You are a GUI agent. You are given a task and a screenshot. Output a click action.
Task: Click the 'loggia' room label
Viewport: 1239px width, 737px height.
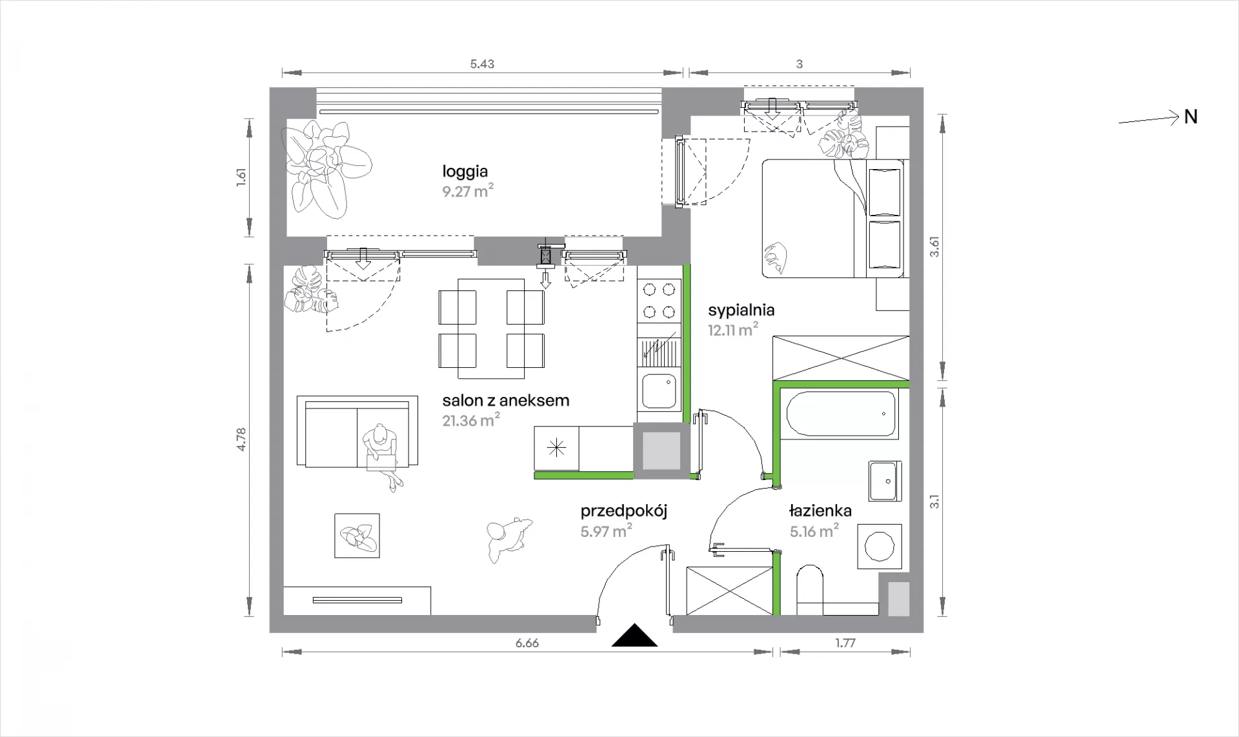coord(465,172)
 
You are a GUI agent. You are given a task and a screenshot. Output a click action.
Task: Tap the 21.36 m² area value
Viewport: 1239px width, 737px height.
coord(471,421)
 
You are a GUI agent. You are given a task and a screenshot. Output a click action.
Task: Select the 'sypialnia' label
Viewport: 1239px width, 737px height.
coord(741,310)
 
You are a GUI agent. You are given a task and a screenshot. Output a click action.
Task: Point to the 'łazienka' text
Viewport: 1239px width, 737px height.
coord(820,511)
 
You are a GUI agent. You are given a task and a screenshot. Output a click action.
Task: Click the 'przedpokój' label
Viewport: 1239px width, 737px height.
coord(623,512)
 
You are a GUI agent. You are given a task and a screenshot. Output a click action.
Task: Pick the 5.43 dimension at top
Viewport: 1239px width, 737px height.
coord(482,64)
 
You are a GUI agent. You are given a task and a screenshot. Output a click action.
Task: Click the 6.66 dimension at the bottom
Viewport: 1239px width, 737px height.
coord(527,643)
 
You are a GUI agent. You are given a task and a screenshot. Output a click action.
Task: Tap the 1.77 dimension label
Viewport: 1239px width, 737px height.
coord(845,643)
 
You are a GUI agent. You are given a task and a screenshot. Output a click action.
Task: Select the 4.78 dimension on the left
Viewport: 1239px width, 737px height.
coord(241,439)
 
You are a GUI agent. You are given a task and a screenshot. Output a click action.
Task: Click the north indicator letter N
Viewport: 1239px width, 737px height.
coord(1191,117)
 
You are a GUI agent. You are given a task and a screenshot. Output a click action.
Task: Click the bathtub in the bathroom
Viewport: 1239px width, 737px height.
coord(841,414)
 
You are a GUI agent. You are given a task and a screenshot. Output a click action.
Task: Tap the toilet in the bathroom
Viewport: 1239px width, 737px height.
coord(810,590)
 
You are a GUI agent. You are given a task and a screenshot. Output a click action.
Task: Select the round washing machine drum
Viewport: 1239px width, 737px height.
coord(879,546)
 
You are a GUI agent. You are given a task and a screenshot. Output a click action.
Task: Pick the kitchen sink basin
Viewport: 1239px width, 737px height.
coord(659,390)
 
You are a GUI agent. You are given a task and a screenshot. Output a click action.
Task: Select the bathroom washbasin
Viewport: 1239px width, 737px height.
coord(884,481)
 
